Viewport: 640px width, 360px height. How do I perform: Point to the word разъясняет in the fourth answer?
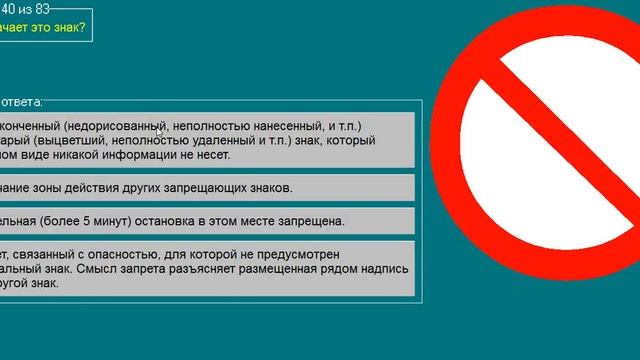(x=212, y=269)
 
